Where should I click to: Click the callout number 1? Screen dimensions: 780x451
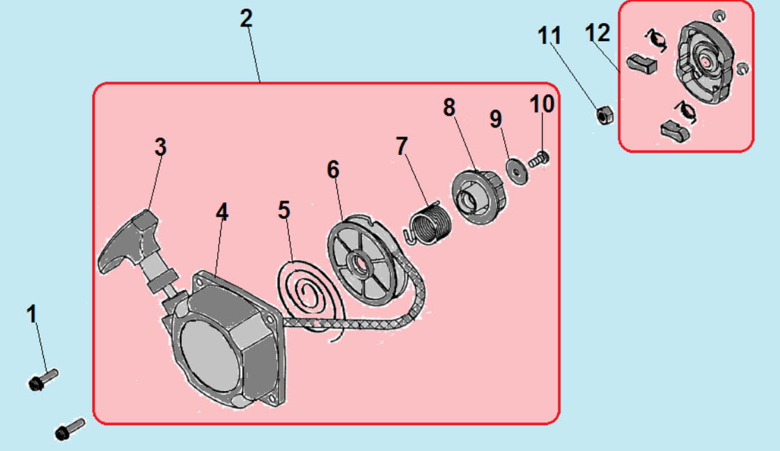point(32,314)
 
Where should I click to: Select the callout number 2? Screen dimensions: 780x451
point(247,18)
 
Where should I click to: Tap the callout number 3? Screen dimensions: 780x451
point(160,147)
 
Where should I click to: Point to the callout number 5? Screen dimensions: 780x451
point(284,210)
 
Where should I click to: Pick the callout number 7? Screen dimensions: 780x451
point(402,146)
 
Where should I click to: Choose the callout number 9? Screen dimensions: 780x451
point(495,119)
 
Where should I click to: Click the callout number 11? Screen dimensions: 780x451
point(549,36)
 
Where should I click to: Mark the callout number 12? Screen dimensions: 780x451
point(598,33)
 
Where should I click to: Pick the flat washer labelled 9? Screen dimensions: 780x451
point(517,172)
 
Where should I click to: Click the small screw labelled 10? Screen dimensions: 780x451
point(539,160)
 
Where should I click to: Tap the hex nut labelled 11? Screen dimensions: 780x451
point(604,115)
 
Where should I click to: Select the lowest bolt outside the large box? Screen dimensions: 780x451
point(69,429)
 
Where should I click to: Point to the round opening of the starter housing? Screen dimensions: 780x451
point(209,357)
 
